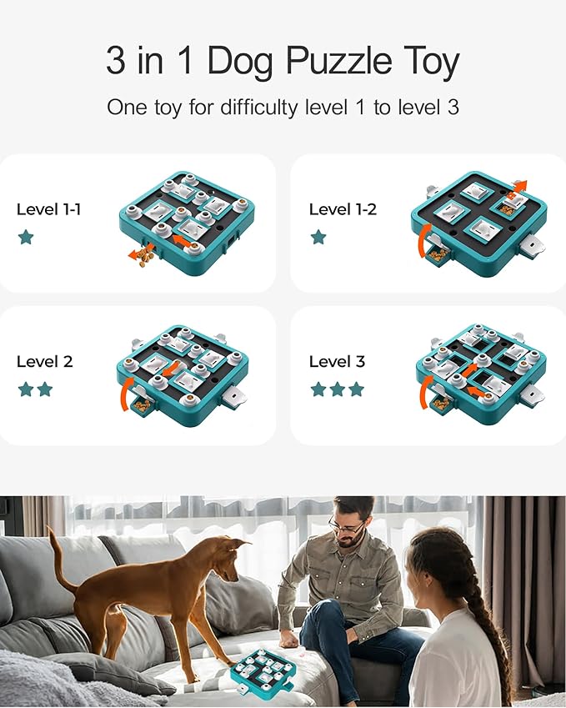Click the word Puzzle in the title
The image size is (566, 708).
click(x=339, y=61)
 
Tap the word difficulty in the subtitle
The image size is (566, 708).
click(x=259, y=108)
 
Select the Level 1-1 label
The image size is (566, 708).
click(x=48, y=209)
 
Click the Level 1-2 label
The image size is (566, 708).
click(x=343, y=209)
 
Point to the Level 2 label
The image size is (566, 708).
click(x=45, y=362)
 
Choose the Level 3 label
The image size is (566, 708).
click(x=337, y=362)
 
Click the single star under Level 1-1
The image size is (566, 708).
click(x=26, y=237)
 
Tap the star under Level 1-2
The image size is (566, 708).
click(x=318, y=237)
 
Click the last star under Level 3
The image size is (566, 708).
click(x=356, y=389)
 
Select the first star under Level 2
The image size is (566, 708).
click(x=26, y=389)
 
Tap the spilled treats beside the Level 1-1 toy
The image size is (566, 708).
click(x=145, y=258)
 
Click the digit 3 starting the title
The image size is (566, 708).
click(x=116, y=61)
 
